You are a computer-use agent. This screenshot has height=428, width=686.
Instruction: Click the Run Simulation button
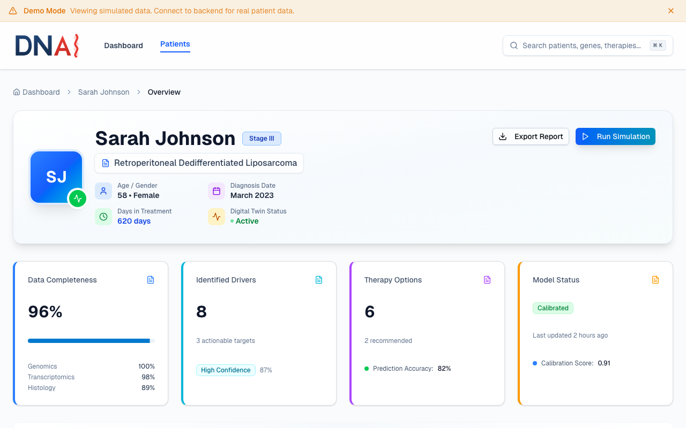pyautogui.click(x=615, y=136)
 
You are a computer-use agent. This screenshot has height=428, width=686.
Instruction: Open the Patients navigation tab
pyautogui.click(x=175, y=44)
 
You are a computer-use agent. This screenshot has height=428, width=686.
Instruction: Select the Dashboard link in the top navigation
pyautogui.click(x=123, y=45)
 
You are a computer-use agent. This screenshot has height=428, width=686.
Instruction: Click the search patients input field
pyautogui.click(x=581, y=45)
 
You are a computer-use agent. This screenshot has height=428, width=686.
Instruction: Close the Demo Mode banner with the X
pyautogui.click(x=671, y=11)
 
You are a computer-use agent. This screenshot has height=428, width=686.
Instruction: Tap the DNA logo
pyautogui.click(x=47, y=45)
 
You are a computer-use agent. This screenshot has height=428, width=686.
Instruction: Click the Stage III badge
pyautogui.click(x=262, y=139)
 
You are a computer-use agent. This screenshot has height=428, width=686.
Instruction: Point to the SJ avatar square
pyautogui.click(x=56, y=177)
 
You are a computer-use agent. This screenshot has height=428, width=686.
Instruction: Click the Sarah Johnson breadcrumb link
pyautogui.click(x=103, y=92)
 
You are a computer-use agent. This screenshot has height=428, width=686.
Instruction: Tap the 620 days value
pyautogui.click(x=134, y=221)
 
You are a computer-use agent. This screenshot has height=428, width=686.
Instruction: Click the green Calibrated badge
pyautogui.click(x=553, y=308)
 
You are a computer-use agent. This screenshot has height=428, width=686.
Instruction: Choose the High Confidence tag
pyautogui.click(x=226, y=370)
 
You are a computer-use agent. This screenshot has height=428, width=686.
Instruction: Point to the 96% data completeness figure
pyautogui.click(x=46, y=311)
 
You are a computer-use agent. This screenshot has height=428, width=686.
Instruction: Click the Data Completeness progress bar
pyautogui.click(x=91, y=341)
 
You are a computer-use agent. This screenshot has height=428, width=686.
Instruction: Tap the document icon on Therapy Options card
pyautogui.click(x=487, y=280)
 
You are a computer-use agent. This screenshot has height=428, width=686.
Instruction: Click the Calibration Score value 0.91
pyautogui.click(x=604, y=363)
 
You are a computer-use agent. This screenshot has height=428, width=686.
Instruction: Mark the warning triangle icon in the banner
pyautogui.click(x=13, y=11)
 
